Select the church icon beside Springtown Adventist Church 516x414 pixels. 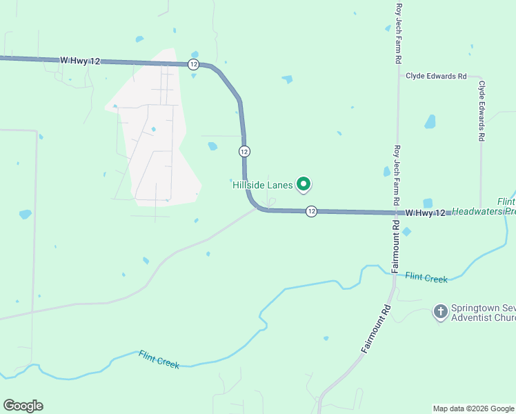pos(440,312)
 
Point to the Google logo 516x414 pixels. pos(23,406)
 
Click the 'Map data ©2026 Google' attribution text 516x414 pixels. pos(474,408)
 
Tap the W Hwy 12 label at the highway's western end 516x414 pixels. pos(81,61)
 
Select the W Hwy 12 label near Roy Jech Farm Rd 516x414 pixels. pos(425,213)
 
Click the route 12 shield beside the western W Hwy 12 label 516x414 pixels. pos(193,64)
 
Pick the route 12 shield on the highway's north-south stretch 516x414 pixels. pos(244,150)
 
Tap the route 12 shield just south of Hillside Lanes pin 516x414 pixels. pos(311,211)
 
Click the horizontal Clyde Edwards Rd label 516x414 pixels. pos(436,76)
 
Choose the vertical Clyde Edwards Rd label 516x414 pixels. pos(482,111)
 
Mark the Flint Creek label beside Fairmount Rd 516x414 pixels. pos(426,278)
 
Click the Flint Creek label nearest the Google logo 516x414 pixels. pos(159,359)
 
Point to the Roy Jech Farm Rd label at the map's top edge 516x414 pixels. pos(398,32)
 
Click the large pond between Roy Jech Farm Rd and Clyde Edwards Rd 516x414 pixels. pos(430,122)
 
